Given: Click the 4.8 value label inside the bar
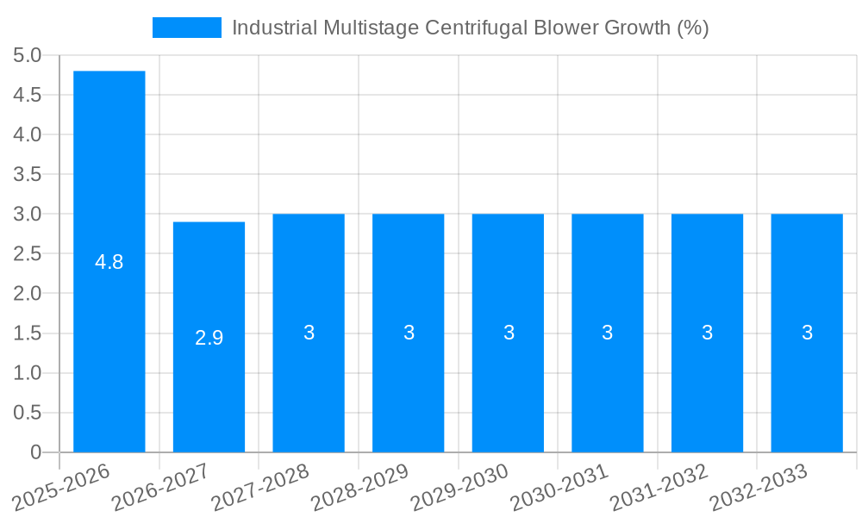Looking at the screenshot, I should tap(109, 263).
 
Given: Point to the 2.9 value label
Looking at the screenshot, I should tap(209, 338).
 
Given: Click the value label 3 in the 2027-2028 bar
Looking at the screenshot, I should tap(309, 333).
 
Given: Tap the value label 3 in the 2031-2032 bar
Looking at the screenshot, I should tap(707, 333).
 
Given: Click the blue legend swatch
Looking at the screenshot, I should tap(186, 28).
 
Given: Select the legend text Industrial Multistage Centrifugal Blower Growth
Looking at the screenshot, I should tap(470, 28).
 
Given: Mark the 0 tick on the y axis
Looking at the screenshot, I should tap(35, 452).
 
